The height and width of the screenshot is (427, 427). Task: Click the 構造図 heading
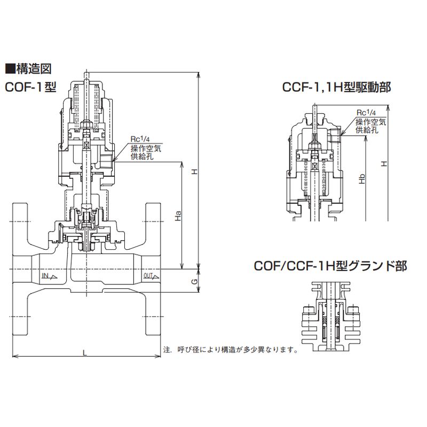(x=28, y=69)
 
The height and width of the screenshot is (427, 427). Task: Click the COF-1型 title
(x=30, y=88)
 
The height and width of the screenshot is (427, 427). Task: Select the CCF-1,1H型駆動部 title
(x=337, y=88)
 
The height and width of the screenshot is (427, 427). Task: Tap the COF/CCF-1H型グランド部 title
(x=330, y=266)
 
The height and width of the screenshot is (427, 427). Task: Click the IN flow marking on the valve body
(x=50, y=276)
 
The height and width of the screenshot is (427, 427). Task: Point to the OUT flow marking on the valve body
(x=151, y=276)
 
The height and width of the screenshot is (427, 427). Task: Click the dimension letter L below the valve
(x=85, y=353)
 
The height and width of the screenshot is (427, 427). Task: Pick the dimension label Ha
(x=178, y=216)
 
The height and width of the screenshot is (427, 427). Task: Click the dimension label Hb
(x=362, y=179)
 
